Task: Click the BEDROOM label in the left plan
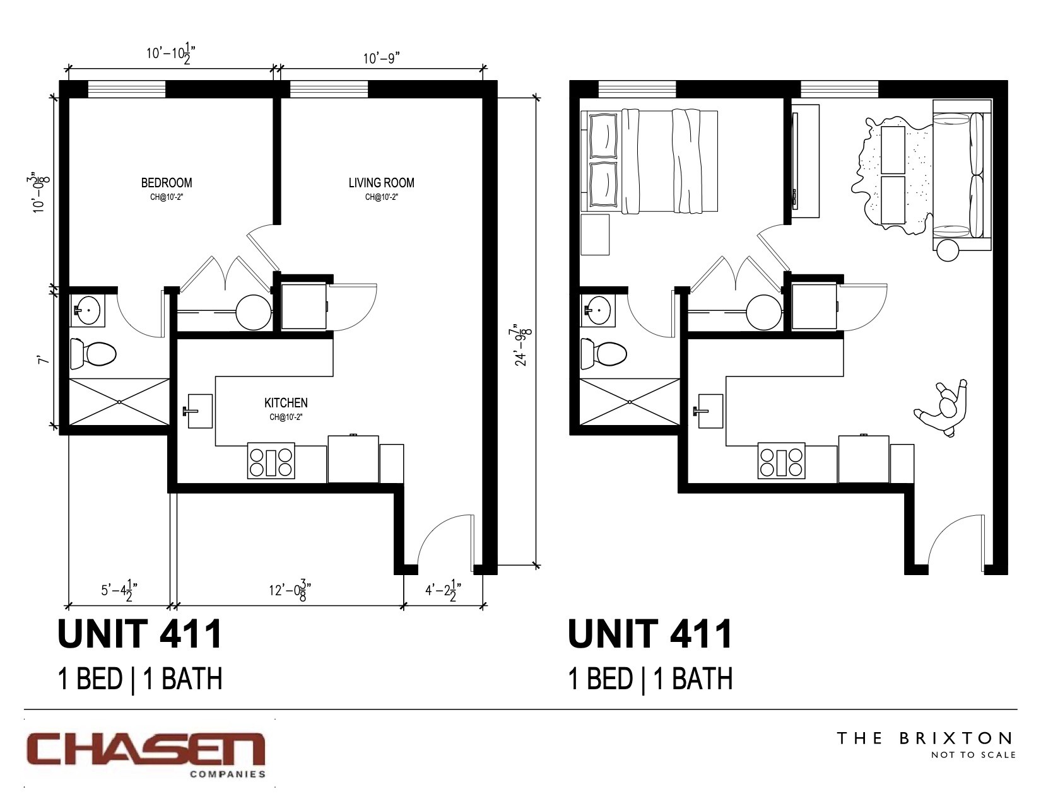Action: (167, 183)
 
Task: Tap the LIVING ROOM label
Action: (381, 183)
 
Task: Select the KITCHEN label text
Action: (286, 402)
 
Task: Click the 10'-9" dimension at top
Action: (382, 58)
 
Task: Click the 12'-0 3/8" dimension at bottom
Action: (288, 591)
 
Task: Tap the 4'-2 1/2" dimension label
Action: (442, 591)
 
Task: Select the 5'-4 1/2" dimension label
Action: (119, 591)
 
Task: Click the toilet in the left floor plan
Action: (93, 354)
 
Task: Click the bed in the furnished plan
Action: (653, 161)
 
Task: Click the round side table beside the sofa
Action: (947, 250)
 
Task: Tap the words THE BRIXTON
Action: (924, 738)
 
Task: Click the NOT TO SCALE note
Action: (973, 755)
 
